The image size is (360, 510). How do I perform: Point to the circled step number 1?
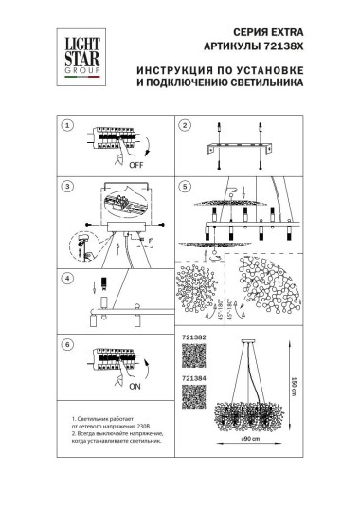pos(66,125)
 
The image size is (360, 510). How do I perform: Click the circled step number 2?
pos(185,125)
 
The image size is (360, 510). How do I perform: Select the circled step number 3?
pos(66,187)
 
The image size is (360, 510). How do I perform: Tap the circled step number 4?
pos(66,279)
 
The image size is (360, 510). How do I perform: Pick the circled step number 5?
pos(185,187)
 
